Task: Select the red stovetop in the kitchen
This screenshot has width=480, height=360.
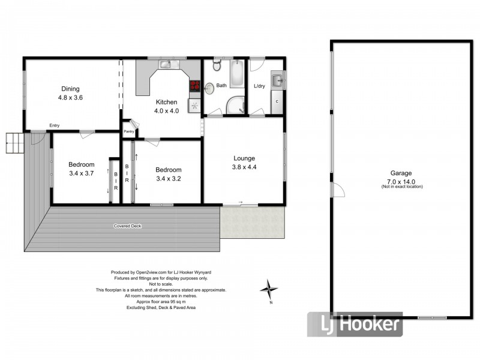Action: point(195,86)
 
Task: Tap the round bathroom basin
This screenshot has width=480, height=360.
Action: point(209,88)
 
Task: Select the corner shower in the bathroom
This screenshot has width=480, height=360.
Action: point(235,106)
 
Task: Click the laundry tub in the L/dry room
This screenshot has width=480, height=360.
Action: point(277,79)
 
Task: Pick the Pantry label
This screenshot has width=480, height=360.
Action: point(128,132)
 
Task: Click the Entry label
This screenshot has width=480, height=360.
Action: point(55,125)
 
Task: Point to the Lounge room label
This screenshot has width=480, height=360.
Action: point(244,158)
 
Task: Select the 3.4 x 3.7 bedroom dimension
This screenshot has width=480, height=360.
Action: point(81,174)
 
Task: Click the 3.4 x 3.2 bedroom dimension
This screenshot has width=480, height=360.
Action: point(168,178)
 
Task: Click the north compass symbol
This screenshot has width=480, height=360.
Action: point(269,290)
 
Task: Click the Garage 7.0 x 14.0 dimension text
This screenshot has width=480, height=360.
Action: point(401,181)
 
